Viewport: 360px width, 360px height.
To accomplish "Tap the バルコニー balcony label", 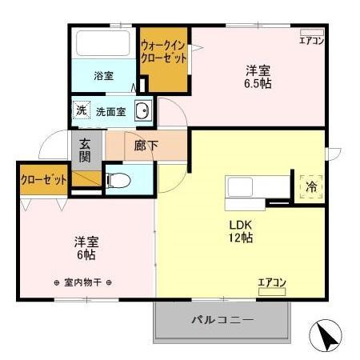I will [x=222, y=320].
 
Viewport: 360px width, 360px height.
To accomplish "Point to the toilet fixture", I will [x=116, y=180].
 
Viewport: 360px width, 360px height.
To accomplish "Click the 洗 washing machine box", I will [x=81, y=111].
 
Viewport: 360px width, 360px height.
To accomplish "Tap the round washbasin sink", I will [x=142, y=112].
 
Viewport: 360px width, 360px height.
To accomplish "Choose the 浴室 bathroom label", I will [x=103, y=76].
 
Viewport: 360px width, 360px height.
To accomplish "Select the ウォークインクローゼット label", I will [x=164, y=52].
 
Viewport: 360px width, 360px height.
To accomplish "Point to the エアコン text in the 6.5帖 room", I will [x=311, y=40].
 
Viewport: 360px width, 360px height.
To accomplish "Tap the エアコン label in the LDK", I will [x=271, y=282].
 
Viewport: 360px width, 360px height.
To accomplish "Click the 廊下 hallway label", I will [x=145, y=146].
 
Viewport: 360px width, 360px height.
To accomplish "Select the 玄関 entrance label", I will [x=86, y=148].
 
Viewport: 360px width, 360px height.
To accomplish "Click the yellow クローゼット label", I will [x=43, y=180].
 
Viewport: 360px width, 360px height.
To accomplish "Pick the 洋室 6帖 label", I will [x=86, y=247].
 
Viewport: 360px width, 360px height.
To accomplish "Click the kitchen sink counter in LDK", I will [x=253, y=190].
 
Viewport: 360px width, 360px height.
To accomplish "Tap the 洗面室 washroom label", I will [x=111, y=112].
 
